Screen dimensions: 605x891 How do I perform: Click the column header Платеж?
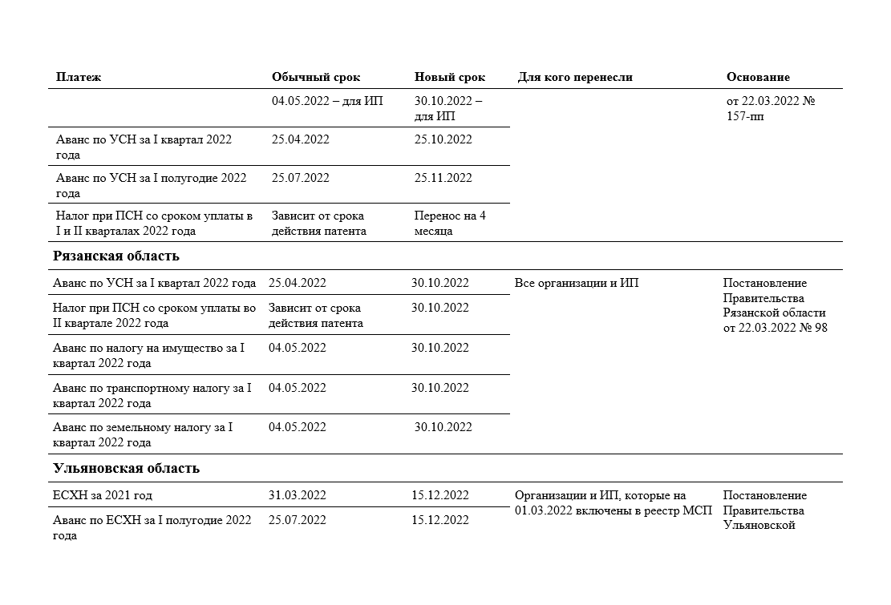(x=79, y=77)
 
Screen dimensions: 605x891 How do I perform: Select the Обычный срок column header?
(x=316, y=77)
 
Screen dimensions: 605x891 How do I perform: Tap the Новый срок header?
(x=450, y=77)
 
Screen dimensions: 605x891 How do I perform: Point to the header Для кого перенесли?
(x=575, y=77)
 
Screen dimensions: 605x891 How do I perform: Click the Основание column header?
(x=758, y=77)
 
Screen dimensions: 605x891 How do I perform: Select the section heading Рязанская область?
(x=115, y=256)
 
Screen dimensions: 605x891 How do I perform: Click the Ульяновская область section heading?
(x=126, y=468)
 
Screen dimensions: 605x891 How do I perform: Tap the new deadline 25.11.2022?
(x=443, y=178)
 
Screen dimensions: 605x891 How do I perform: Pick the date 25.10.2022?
(x=443, y=139)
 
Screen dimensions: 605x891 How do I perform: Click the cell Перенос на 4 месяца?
(x=450, y=223)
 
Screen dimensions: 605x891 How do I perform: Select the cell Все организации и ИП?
(x=577, y=283)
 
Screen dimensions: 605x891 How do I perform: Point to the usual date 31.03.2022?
(x=298, y=494)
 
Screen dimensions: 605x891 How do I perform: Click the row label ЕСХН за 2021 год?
(x=102, y=494)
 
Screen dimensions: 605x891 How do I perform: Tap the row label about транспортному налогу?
(x=152, y=395)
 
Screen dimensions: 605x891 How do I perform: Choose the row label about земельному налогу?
(x=143, y=434)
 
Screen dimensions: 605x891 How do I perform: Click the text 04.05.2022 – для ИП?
(x=327, y=101)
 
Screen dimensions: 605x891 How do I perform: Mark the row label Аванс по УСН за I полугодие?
(x=151, y=185)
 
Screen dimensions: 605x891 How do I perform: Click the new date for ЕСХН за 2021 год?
(x=440, y=494)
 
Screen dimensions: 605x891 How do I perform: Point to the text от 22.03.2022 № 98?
(x=775, y=328)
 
